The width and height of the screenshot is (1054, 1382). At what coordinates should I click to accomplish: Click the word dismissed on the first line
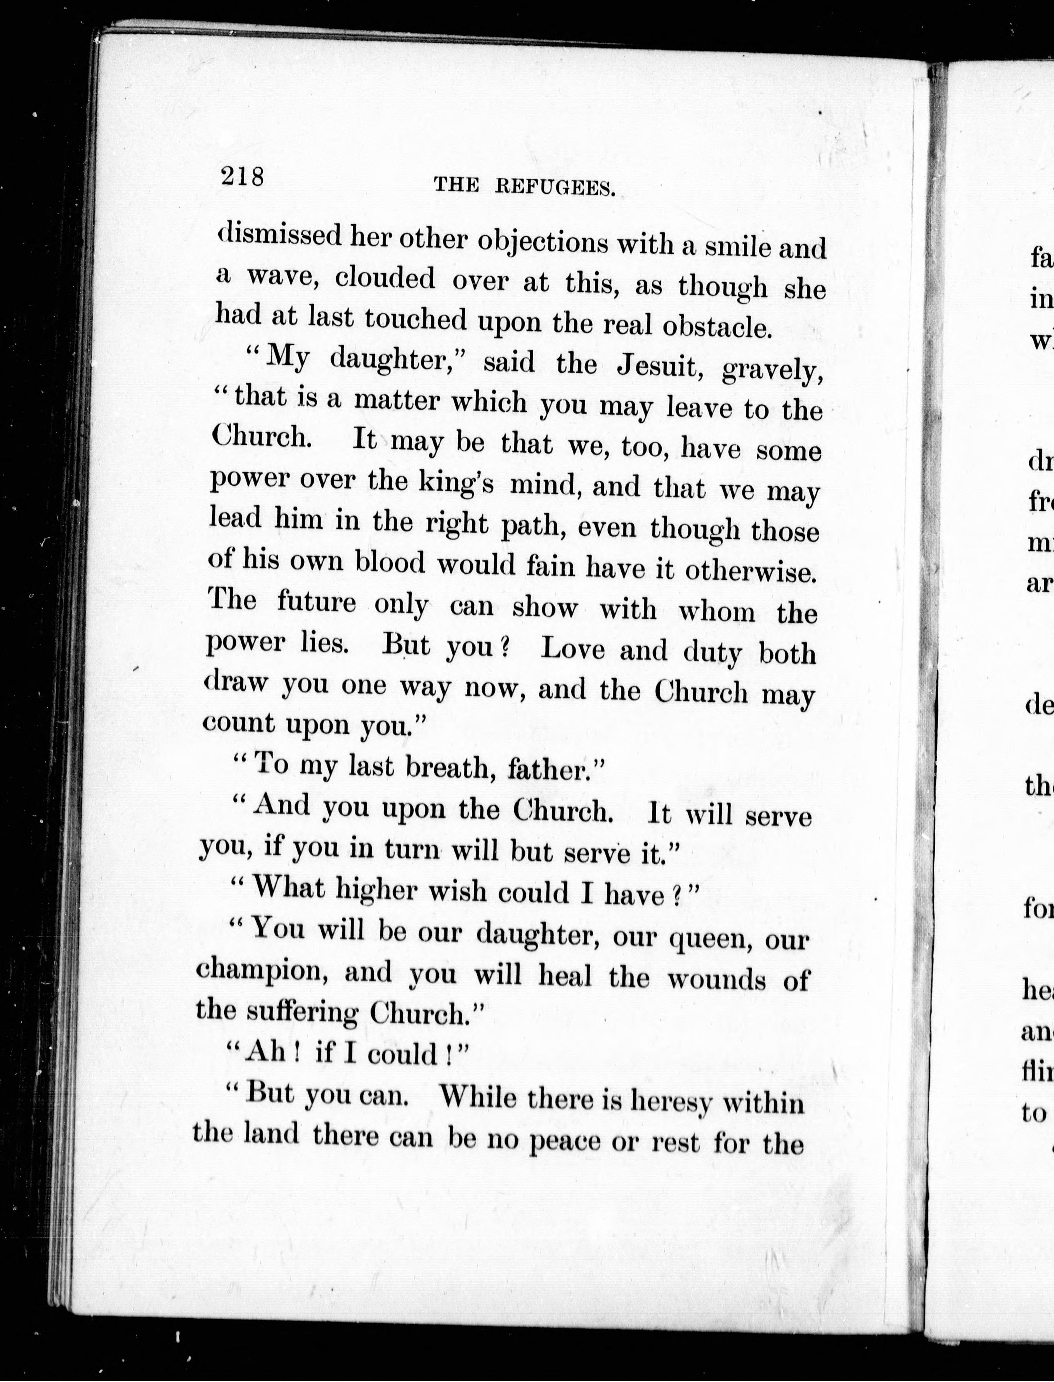(x=280, y=235)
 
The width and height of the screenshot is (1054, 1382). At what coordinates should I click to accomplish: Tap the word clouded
(x=385, y=278)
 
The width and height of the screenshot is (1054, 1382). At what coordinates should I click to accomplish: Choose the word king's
(x=456, y=482)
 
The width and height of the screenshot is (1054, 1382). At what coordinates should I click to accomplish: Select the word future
(x=317, y=602)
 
